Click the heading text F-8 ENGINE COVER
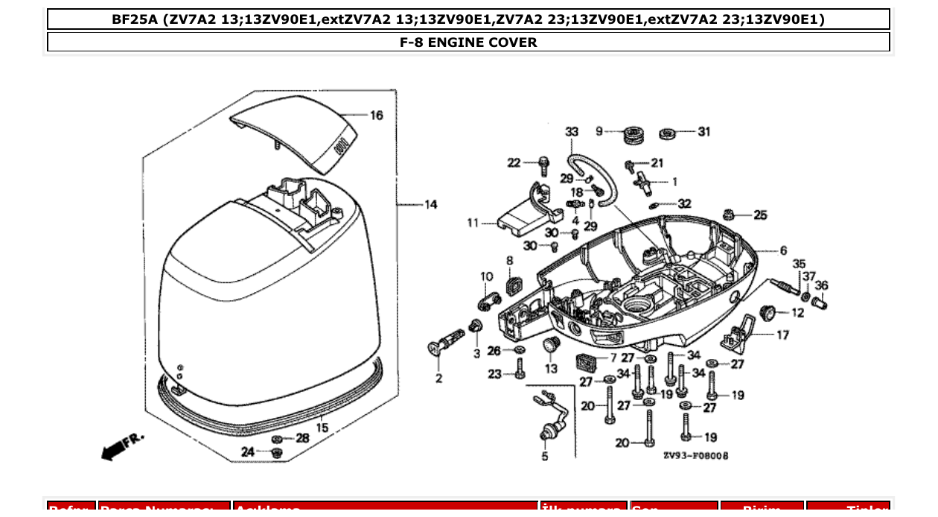(x=468, y=42)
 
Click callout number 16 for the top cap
(x=377, y=115)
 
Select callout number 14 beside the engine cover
(x=431, y=205)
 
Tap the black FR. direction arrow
(x=114, y=449)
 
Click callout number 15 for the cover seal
(x=322, y=428)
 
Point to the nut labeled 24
(x=277, y=453)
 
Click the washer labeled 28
(x=278, y=438)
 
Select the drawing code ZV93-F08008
(x=695, y=455)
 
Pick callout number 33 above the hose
(x=571, y=132)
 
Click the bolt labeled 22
(x=543, y=162)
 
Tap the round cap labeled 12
(x=767, y=311)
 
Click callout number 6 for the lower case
(x=783, y=251)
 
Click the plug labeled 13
(x=550, y=346)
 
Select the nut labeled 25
(x=731, y=215)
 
